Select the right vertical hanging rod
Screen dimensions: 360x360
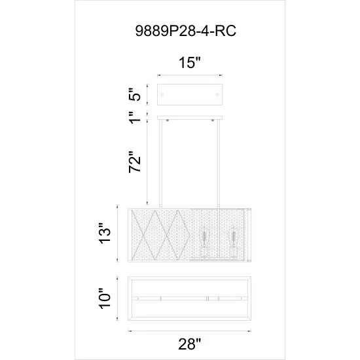point(217,164)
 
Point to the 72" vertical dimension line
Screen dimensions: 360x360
point(149,164)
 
